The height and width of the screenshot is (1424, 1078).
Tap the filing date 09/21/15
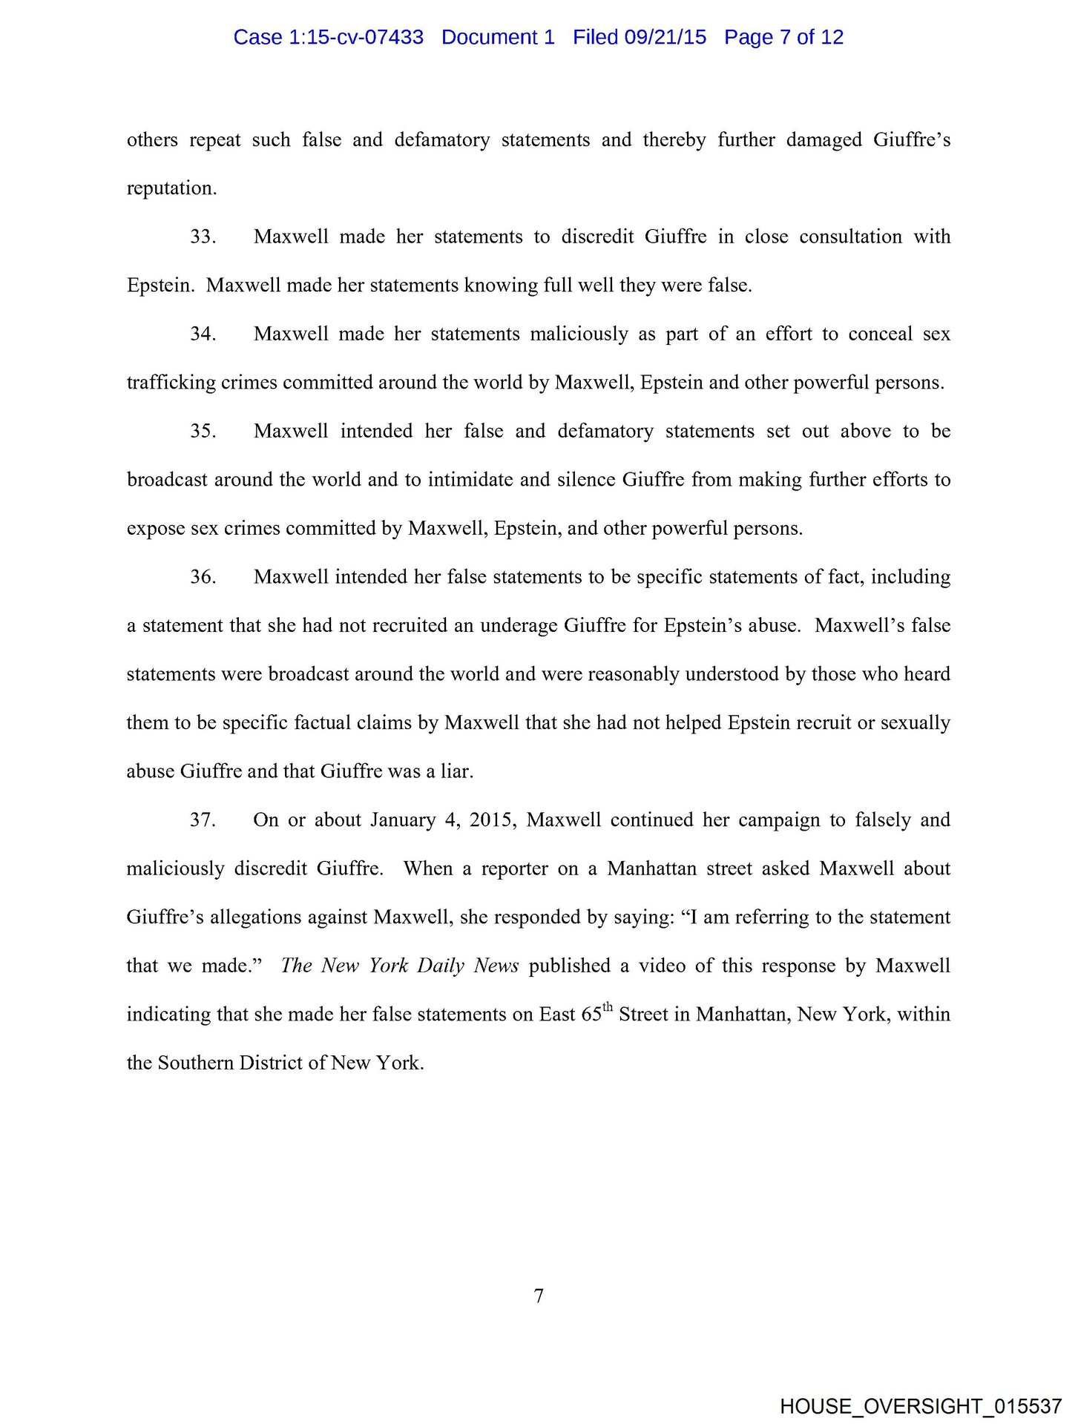pyautogui.click(x=665, y=37)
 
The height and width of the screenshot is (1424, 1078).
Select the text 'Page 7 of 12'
pyautogui.click(x=783, y=37)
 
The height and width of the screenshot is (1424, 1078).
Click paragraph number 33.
pyautogui.click(x=203, y=237)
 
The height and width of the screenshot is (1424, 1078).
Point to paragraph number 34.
pyautogui.click(x=203, y=334)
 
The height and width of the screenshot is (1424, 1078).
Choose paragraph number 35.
pyautogui.click(x=203, y=431)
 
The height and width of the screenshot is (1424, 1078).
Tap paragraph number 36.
pyautogui.click(x=203, y=577)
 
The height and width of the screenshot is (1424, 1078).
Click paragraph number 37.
pyautogui.click(x=203, y=820)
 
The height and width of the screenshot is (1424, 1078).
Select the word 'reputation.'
pyautogui.click(x=171, y=188)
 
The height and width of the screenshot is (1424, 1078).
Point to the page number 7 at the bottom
pyautogui.click(x=539, y=1296)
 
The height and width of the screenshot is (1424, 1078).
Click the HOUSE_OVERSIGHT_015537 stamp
pyautogui.click(x=921, y=1406)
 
